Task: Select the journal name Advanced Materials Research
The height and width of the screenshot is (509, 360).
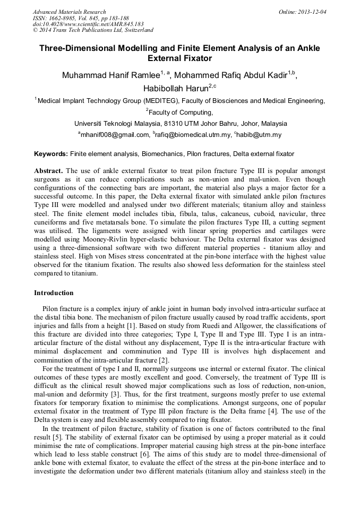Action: [69, 12]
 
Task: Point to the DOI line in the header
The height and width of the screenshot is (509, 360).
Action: [88, 24]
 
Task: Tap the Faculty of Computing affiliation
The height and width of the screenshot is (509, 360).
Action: [181, 112]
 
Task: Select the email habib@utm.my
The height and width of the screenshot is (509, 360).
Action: [259, 135]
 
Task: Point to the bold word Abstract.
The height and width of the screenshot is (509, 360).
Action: [49, 171]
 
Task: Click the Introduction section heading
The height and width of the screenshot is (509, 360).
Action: [54, 293]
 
